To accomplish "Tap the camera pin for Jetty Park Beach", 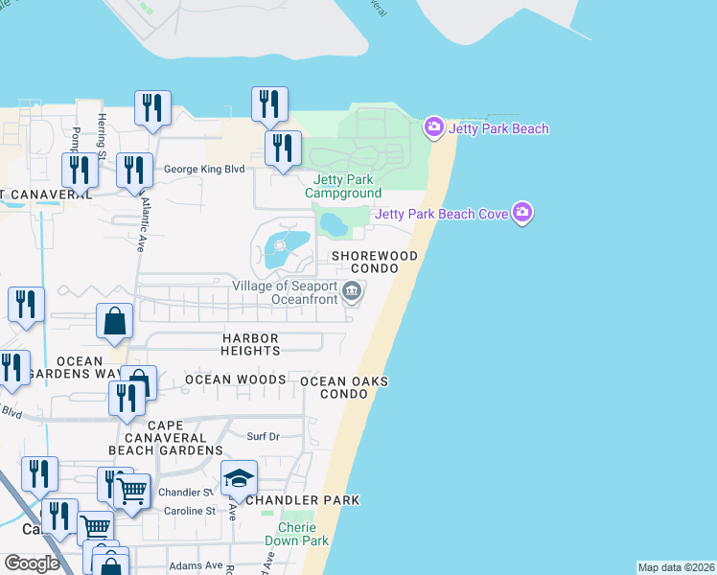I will tap(433, 126).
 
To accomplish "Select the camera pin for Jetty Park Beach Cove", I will tap(521, 213).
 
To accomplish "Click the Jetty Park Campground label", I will tap(343, 186).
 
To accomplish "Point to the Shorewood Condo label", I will tap(374, 263).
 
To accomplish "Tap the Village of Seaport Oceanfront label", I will tap(286, 292).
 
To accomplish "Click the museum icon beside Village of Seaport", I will tap(352, 292).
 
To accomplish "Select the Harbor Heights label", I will tap(251, 345).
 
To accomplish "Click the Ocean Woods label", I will tap(235, 380).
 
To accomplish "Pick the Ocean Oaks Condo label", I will tap(344, 387).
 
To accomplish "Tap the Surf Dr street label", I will tap(262, 436).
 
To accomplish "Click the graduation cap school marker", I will tap(239, 478).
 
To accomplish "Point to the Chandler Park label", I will tap(303, 500).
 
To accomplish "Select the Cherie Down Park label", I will tap(304, 534).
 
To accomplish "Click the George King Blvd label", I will tap(204, 169).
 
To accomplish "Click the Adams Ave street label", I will tap(196, 565).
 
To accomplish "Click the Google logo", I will tap(32, 563).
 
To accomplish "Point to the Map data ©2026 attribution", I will tap(676, 567).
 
